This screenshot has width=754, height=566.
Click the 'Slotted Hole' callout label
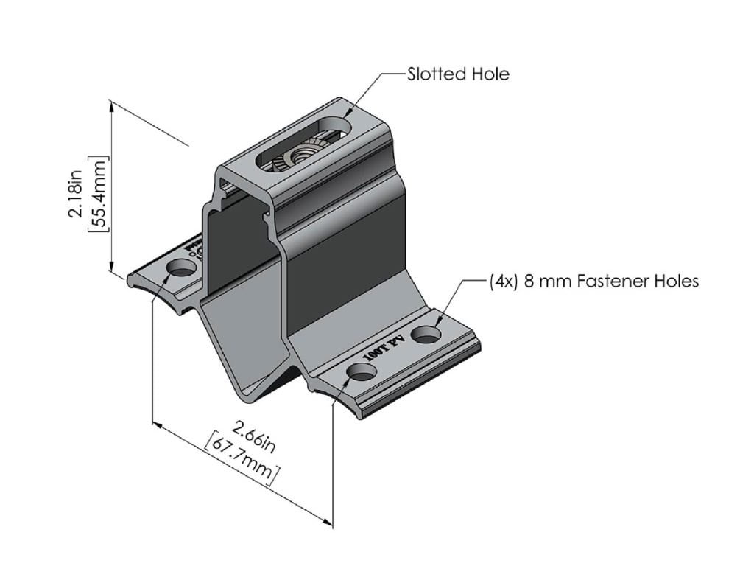(x=457, y=74)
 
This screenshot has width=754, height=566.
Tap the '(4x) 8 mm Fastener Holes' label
(x=593, y=281)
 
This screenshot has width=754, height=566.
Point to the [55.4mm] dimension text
(x=99, y=193)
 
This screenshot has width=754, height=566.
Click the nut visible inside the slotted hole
(x=301, y=156)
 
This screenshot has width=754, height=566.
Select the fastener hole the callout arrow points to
(x=426, y=335)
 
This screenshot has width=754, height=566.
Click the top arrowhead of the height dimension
(x=112, y=105)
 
